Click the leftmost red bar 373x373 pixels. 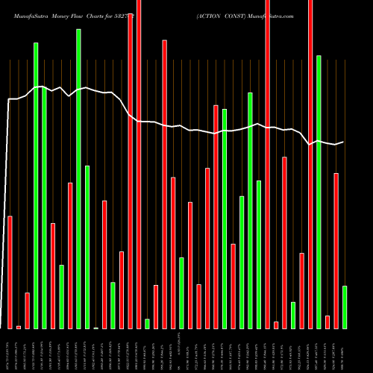point(10,272)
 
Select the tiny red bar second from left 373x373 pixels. point(19,327)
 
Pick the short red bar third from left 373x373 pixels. point(27,310)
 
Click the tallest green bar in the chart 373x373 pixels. point(78,179)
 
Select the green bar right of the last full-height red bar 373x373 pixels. point(319,192)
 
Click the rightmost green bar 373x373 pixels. point(345,307)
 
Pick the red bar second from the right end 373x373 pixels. point(336,251)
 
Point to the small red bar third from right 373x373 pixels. point(327,322)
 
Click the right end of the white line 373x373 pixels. point(344,141)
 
